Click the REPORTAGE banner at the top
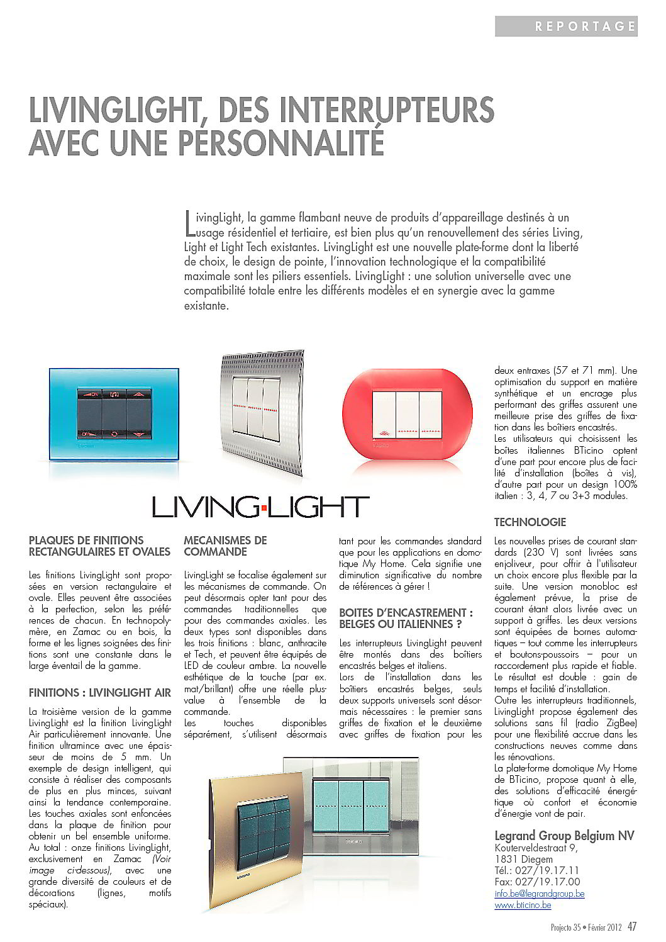click(x=566, y=26)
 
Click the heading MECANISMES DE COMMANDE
click(x=225, y=546)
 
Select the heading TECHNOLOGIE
click(x=530, y=522)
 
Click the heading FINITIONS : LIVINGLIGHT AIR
click(x=100, y=693)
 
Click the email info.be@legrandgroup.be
click(x=539, y=894)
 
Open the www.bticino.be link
click(x=523, y=905)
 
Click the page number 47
click(x=632, y=926)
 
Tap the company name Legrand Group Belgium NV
click(x=563, y=836)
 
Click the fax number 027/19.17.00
click(x=536, y=882)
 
